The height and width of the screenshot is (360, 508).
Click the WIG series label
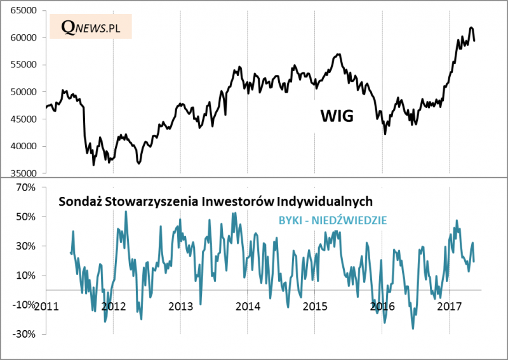[x=336, y=116]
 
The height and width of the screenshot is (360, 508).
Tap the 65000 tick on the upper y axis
[x=25, y=11]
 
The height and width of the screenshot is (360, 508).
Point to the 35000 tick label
[x=25, y=173]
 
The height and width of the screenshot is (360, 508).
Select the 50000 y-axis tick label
[x=25, y=92]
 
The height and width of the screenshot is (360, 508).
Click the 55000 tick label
[x=25, y=65]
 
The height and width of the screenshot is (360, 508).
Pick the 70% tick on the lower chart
[x=29, y=188]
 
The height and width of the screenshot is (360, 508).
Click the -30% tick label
[x=27, y=334]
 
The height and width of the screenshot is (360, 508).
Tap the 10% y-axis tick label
[x=29, y=276]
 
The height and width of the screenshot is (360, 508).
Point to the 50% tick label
[x=29, y=217]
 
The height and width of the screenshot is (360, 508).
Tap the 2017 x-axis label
[x=450, y=306]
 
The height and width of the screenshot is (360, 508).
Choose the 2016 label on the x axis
[x=382, y=306]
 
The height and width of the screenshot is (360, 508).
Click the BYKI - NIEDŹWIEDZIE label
[x=333, y=220]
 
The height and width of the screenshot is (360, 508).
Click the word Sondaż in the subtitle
[x=78, y=202]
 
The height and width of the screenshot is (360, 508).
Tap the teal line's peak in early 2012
[x=126, y=211]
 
